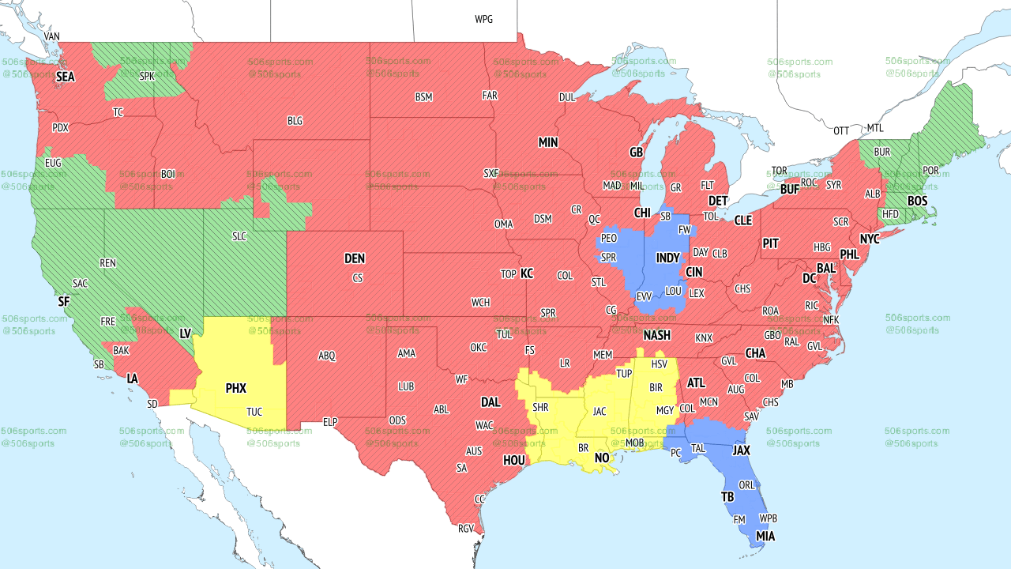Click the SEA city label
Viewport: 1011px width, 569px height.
pyautogui.click(x=65, y=77)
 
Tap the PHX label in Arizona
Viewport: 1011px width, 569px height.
pyautogui.click(x=236, y=389)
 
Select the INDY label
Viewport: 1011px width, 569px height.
pyautogui.click(x=667, y=258)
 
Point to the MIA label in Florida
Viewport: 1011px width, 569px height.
pyautogui.click(x=765, y=537)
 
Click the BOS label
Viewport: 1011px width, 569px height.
pyautogui.click(x=917, y=202)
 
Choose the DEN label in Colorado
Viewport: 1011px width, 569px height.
pyautogui.click(x=355, y=258)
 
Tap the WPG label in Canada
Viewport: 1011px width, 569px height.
pyautogui.click(x=483, y=19)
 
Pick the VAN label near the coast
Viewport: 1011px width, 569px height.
pyautogui.click(x=52, y=36)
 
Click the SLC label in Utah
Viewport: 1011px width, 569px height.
pyautogui.click(x=240, y=236)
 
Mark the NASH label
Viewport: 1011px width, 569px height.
pyautogui.click(x=656, y=335)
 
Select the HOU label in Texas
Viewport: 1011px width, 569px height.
pyautogui.click(x=514, y=460)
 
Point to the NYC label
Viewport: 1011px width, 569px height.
pyautogui.click(x=870, y=239)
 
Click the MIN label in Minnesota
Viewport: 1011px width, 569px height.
pyautogui.click(x=548, y=143)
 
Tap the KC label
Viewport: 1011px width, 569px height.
pyautogui.click(x=527, y=274)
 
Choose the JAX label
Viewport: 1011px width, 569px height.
pyautogui.click(x=741, y=450)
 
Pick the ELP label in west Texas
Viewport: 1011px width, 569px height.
pyautogui.click(x=330, y=422)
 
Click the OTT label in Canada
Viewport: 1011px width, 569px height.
pyautogui.click(x=841, y=130)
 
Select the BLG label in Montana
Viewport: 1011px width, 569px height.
pyautogui.click(x=295, y=121)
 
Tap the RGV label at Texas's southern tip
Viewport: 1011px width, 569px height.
pyautogui.click(x=465, y=529)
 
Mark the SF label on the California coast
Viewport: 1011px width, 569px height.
pyautogui.click(x=64, y=301)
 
